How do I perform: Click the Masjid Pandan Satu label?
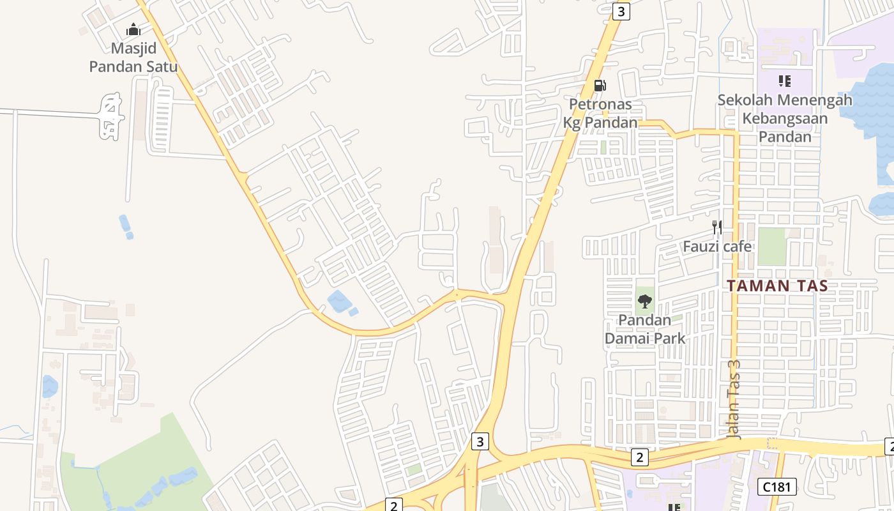(x=133, y=57)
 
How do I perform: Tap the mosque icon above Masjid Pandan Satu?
(x=133, y=29)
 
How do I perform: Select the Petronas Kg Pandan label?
(x=600, y=113)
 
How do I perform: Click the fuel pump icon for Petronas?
(x=600, y=86)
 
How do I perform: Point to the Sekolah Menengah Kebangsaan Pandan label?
(x=785, y=118)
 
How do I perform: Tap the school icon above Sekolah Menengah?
(x=785, y=81)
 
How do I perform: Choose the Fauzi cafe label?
(x=717, y=246)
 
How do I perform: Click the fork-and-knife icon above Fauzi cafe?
(x=717, y=227)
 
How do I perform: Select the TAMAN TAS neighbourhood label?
(x=777, y=286)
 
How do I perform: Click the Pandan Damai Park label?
(x=645, y=329)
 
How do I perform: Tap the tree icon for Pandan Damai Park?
(x=645, y=301)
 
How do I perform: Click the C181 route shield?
(x=777, y=487)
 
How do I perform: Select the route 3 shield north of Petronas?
(x=621, y=11)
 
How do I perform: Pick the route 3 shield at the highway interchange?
(x=480, y=441)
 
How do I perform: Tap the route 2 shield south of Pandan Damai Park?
(x=639, y=457)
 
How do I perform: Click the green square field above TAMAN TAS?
(x=771, y=246)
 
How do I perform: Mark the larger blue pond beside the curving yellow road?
(x=337, y=301)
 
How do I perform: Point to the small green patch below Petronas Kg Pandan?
(x=603, y=147)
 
